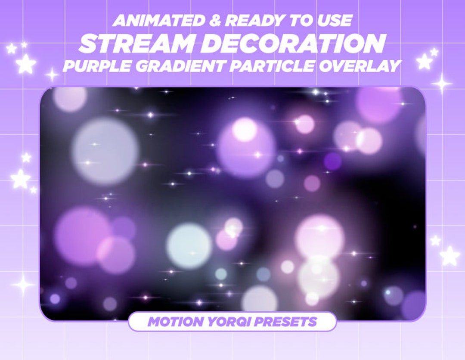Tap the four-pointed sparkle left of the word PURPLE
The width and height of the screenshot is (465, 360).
[x=52, y=75]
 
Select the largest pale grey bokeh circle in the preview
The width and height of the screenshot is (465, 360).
[x=105, y=151]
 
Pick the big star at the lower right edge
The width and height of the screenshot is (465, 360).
[x=449, y=256]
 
